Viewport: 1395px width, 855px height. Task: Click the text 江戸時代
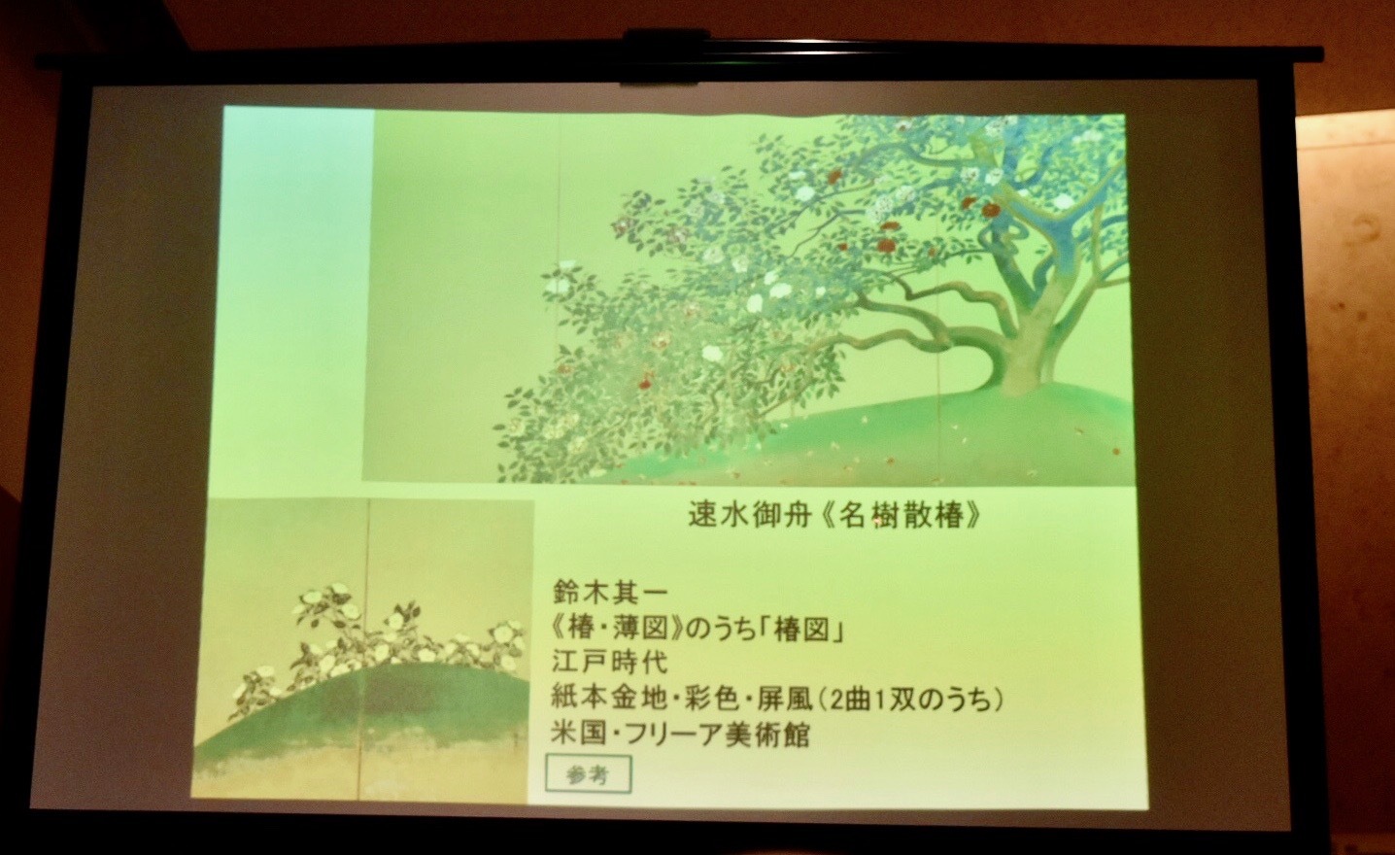click(x=609, y=662)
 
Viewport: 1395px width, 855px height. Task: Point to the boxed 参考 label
click(x=589, y=774)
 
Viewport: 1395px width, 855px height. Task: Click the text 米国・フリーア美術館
click(x=681, y=735)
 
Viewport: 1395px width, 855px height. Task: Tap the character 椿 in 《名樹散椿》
click(x=948, y=516)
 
